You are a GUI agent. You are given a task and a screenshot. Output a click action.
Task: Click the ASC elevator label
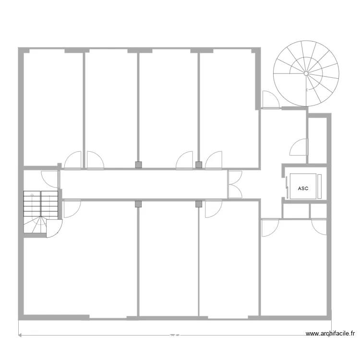click(x=303, y=189)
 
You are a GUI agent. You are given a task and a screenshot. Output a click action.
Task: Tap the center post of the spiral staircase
click(x=305, y=73)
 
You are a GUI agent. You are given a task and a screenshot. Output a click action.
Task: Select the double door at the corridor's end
click(x=235, y=185)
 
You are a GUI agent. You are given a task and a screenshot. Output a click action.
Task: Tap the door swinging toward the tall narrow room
click(x=299, y=147)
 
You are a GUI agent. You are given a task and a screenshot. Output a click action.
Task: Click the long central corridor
click(x=144, y=185)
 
